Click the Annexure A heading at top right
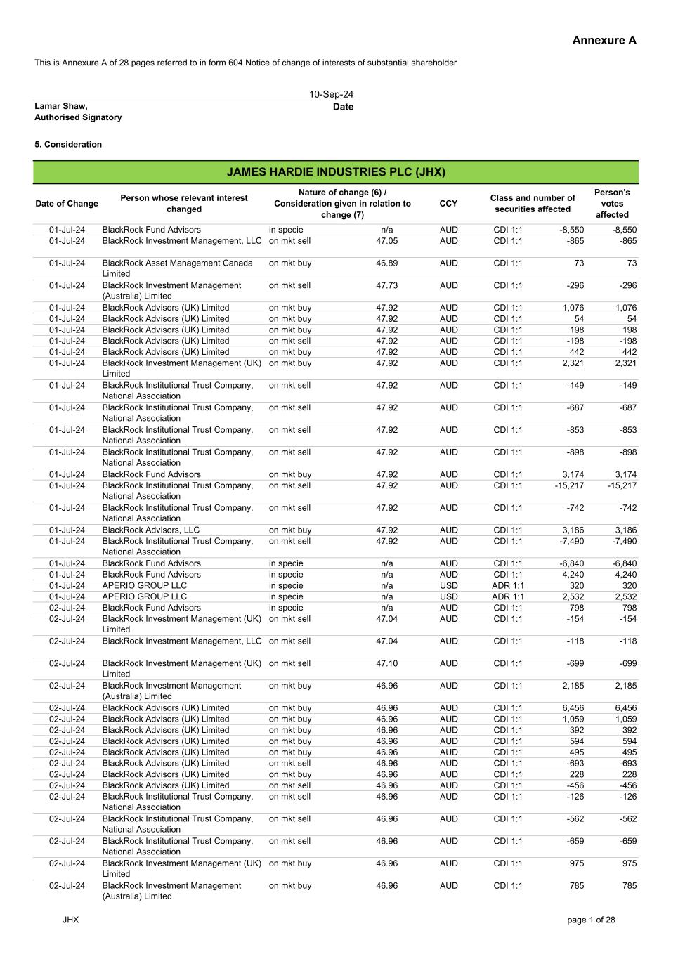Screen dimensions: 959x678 [604, 40]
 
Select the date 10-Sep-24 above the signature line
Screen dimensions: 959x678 [331, 94]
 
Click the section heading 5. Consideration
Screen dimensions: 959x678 [68, 145]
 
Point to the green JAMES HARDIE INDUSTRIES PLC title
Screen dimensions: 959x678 [336, 172]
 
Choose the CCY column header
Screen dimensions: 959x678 [448, 204]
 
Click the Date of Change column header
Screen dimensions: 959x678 [67, 204]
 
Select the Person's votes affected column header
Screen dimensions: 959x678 [612, 204]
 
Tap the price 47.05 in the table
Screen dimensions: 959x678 [386, 241]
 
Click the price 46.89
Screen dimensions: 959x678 [386, 263]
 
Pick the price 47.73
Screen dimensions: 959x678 [386, 286]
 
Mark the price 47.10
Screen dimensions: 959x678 [386, 663]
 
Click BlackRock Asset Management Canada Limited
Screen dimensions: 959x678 [177, 268]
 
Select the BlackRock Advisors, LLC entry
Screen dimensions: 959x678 [151, 530]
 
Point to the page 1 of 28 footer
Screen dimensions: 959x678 [591, 920]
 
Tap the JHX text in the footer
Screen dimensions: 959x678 [70, 920]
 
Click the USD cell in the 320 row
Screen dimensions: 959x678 [448, 585]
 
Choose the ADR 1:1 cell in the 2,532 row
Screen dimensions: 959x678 [508, 596]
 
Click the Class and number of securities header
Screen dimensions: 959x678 [533, 204]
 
